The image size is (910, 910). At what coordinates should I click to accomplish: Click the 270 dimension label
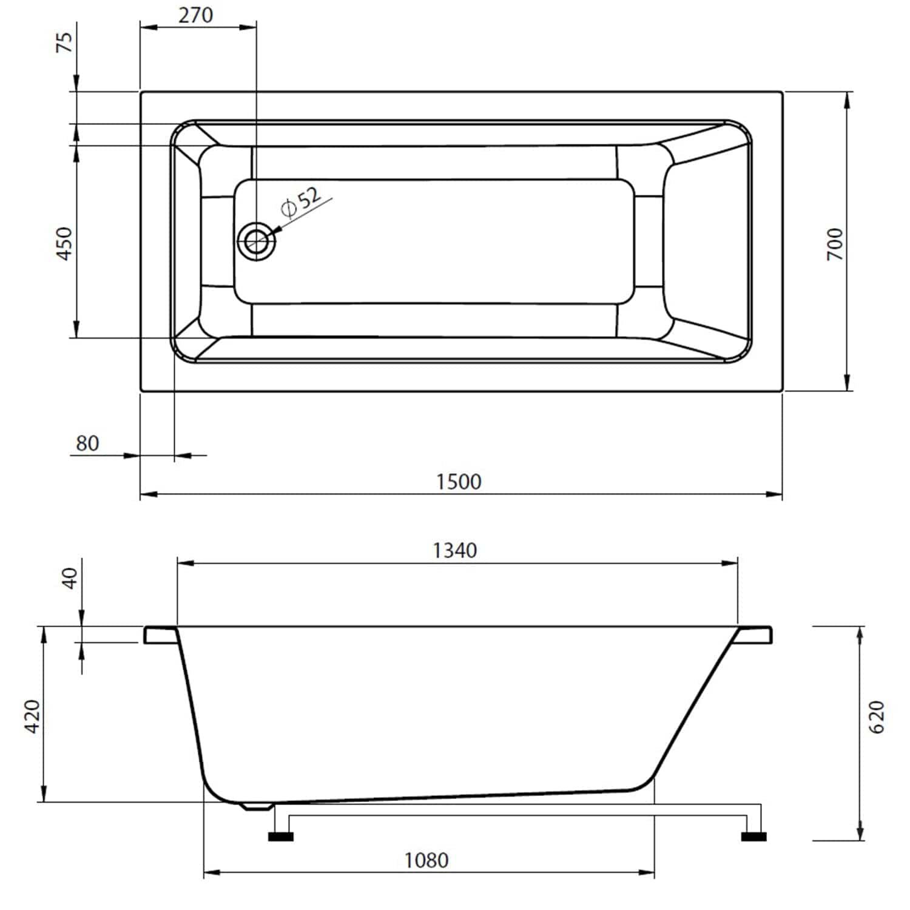click(x=195, y=15)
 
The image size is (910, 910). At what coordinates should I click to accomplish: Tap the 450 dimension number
click(x=64, y=243)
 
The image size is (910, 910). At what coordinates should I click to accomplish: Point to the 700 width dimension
click(x=835, y=244)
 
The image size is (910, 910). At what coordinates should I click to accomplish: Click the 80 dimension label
click(x=87, y=443)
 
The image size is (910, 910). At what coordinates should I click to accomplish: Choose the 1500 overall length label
click(x=459, y=482)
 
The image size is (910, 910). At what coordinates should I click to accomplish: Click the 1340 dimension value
click(x=455, y=550)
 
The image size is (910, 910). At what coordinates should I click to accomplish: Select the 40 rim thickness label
click(x=70, y=578)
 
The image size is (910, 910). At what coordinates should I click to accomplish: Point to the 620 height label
click(x=877, y=717)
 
